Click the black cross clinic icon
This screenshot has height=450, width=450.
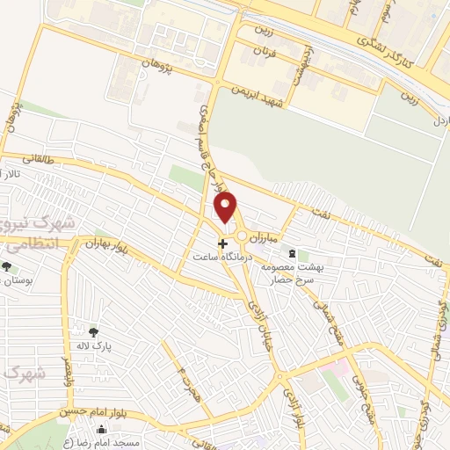tap(222, 243)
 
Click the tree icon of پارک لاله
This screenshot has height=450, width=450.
tap(94, 331)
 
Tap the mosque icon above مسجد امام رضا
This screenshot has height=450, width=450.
tap(104, 431)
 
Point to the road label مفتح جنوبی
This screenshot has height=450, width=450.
tap(361, 395)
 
